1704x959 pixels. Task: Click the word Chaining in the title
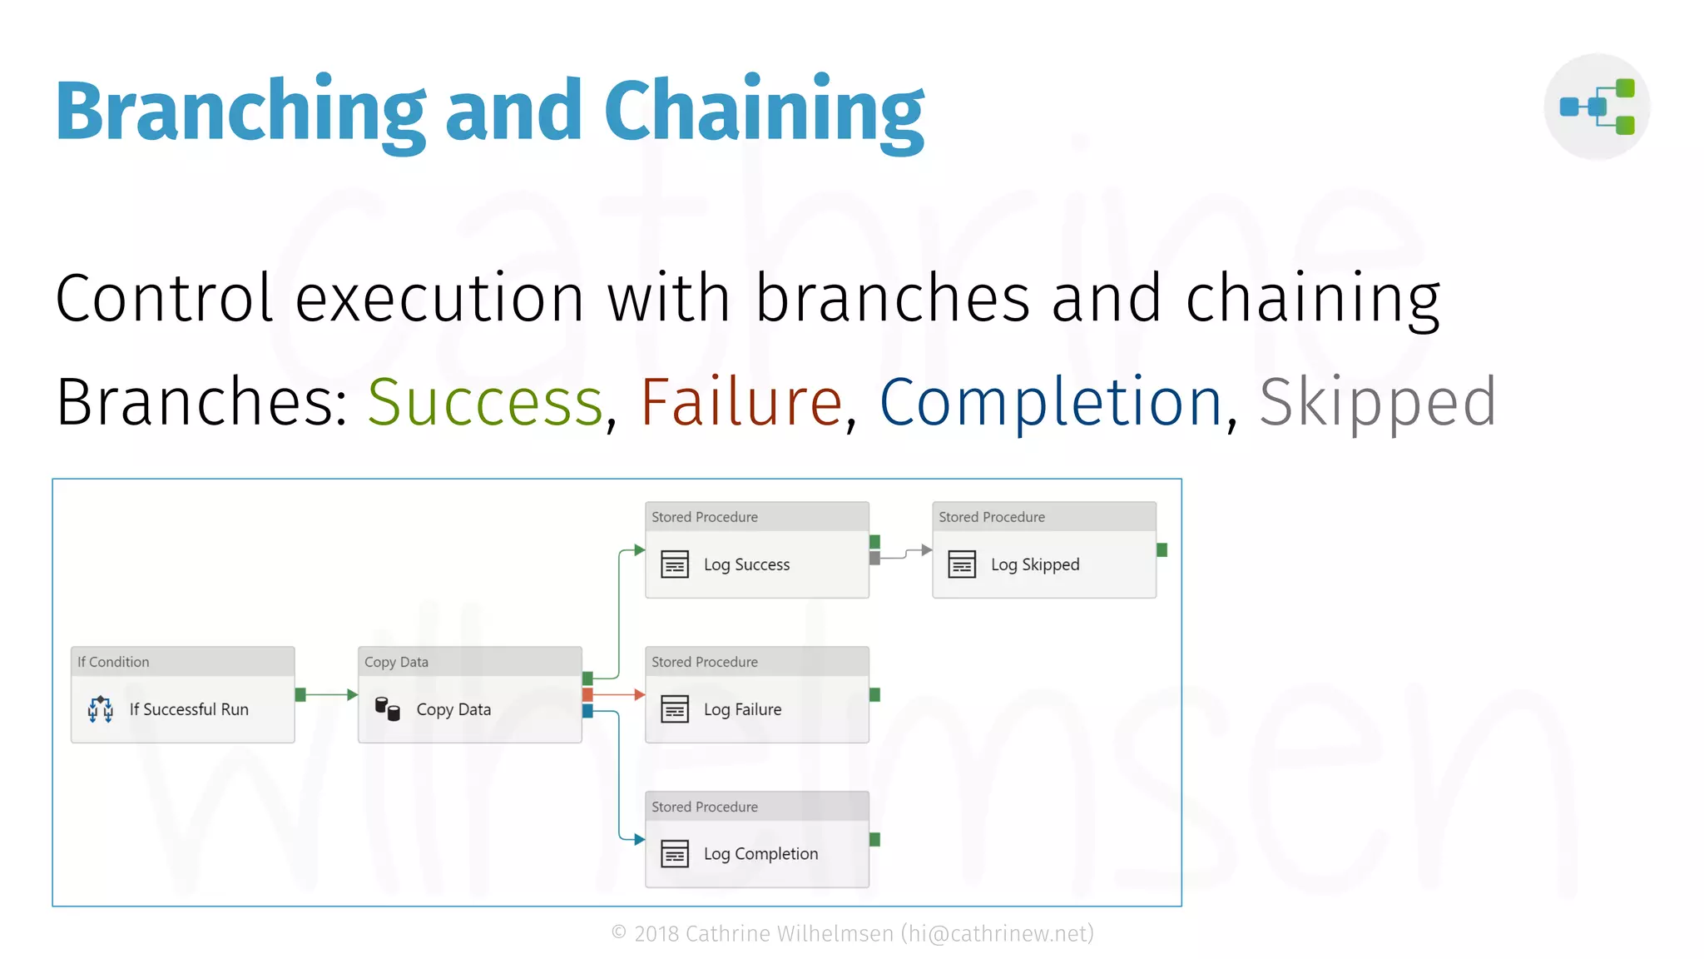click(763, 112)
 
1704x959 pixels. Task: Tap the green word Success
click(485, 403)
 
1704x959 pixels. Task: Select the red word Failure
click(741, 403)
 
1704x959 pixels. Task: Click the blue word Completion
click(1051, 403)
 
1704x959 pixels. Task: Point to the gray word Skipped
click(1377, 403)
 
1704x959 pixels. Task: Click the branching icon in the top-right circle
click(1597, 107)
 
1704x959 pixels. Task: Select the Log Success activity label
click(746, 564)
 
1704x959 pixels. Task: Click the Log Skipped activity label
click(1034, 564)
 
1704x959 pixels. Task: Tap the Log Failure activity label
click(742, 709)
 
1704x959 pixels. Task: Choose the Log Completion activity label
click(760, 854)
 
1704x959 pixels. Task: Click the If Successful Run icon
click(101, 709)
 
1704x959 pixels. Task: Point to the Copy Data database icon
click(388, 708)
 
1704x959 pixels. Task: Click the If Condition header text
click(113, 662)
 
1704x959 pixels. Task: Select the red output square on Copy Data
click(587, 694)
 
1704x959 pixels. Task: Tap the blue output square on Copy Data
click(587, 710)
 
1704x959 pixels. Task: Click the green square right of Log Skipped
click(1162, 550)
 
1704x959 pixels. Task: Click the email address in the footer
click(998, 934)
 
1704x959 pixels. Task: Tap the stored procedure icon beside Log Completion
click(675, 853)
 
